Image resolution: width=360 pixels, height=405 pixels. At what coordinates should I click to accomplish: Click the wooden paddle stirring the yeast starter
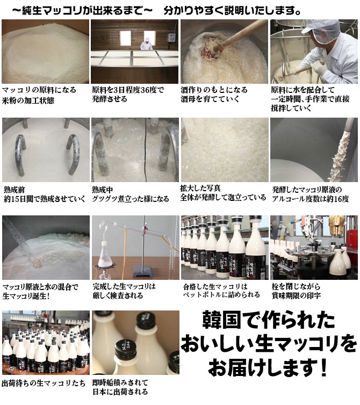click(233, 39)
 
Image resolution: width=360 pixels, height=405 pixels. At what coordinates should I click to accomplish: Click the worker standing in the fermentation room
click(147, 44)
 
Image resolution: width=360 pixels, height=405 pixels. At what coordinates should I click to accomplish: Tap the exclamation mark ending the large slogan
click(323, 367)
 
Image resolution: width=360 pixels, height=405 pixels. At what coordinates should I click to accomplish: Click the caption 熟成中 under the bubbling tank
click(102, 190)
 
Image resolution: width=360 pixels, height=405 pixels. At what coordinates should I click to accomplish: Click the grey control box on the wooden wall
click(171, 38)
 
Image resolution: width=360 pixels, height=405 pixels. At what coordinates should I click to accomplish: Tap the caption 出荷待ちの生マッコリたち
click(44, 383)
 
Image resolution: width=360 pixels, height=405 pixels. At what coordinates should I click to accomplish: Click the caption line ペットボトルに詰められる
click(221, 295)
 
